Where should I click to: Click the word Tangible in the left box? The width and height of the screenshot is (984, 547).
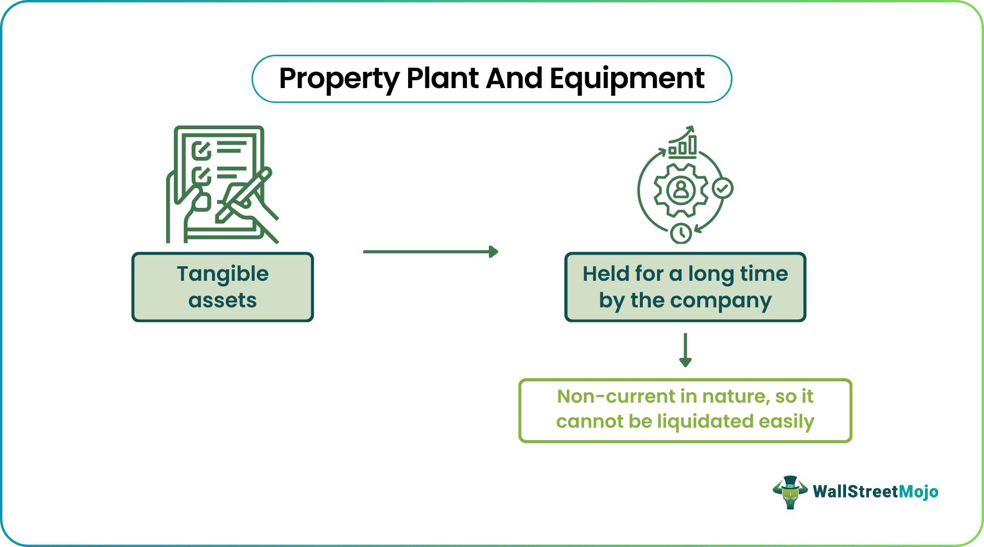pyautogui.click(x=223, y=274)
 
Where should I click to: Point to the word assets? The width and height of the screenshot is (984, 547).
pyautogui.click(x=223, y=301)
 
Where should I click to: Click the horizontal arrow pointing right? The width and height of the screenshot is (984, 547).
pyautogui.click(x=431, y=252)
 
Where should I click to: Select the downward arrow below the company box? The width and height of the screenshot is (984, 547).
pyautogui.click(x=685, y=350)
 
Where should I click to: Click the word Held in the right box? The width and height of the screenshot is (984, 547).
pyautogui.click(x=604, y=274)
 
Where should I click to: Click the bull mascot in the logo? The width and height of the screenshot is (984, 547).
pyautogui.click(x=790, y=492)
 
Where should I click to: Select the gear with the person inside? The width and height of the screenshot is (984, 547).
pyautogui.click(x=680, y=190)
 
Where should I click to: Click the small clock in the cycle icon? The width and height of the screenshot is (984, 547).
pyautogui.click(x=681, y=233)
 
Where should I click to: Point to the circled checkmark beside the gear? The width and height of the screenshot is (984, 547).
pyautogui.click(x=723, y=188)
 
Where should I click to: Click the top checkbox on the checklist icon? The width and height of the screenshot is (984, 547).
pyautogui.click(x=201, y=151)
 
